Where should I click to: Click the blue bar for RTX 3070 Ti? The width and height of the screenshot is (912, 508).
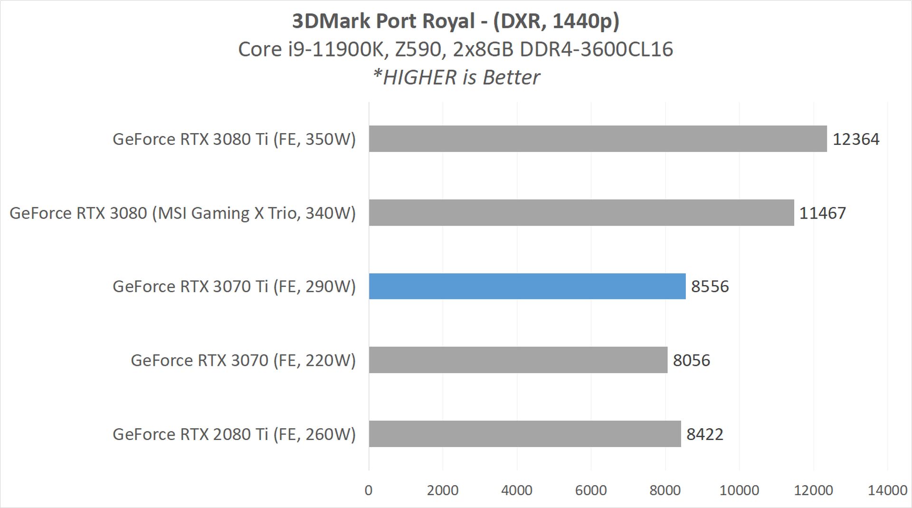(x=527, y=286)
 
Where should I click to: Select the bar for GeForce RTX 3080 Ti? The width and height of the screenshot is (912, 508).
(x=598, y=139)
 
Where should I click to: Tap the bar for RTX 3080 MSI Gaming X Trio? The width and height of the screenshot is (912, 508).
(x=581, y=212)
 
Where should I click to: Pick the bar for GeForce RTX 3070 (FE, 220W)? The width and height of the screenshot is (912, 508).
(x=518, y=360)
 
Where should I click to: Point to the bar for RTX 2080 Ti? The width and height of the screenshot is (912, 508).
(x=524, y=433)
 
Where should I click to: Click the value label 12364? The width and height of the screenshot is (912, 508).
(x=856, y=139)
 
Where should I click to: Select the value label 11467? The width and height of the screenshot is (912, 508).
(x=823, y=213)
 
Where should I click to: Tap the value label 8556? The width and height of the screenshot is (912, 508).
(x=710, y=287)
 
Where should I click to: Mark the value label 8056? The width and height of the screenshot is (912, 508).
(x=692, y=360)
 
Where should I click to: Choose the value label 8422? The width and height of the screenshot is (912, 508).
(x=705, y=434)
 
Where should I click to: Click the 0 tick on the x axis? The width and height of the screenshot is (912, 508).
(x=369, y=490)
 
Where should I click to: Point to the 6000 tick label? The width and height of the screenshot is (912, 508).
(x=591, y=490)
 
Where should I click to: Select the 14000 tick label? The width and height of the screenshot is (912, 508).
(x=887, y=490)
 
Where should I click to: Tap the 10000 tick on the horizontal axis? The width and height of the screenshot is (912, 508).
(x=739, y=490)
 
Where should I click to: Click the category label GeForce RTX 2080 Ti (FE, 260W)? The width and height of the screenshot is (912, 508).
(x=234, y=434)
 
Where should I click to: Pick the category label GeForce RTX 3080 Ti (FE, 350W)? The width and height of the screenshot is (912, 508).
(x=234, y=139)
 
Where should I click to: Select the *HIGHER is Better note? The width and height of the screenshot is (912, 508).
(x=456, y=77)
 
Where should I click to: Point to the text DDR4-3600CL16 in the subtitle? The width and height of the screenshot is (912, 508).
(x=597, y=49)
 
